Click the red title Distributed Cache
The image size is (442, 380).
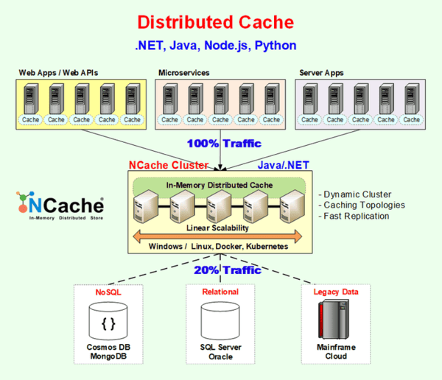click(215, 22)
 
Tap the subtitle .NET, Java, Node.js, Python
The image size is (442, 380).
click(215, 46)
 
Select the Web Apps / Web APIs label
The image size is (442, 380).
click(57, 73)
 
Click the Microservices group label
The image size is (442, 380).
click(183, 73)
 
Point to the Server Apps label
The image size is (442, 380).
click(323, 73)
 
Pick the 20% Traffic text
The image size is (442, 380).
click(227, 270)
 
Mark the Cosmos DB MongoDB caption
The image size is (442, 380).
click(108, 352)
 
